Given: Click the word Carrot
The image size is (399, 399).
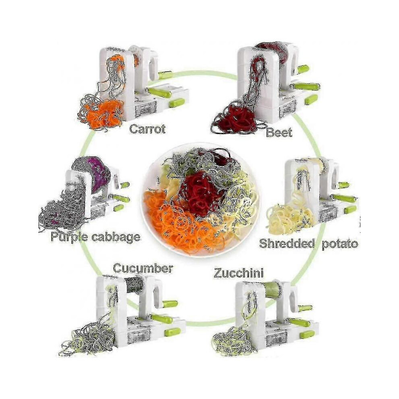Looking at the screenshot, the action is tap(148, 129).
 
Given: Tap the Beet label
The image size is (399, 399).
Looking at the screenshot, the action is tap(279, 133).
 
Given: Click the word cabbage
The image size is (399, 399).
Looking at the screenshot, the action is tap(116, 237).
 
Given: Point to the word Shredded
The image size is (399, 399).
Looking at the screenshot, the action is tap(287, 243).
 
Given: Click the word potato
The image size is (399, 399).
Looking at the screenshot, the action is tap(340, 244).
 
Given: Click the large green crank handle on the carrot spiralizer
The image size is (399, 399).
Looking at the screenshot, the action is tap(160, 92).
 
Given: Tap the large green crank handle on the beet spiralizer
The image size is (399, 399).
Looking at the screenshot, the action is tap(307, 87).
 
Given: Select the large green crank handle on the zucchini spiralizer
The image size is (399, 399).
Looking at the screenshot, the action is tap(300, 323).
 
